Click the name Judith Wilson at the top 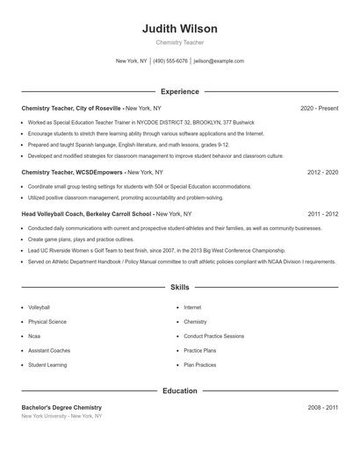[179, 29]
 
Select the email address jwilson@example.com [219, 61]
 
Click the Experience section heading [179, 91]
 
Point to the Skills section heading [179, 287]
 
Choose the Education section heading [179, 390]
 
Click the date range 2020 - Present [319, 108]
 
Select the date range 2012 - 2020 [322, 173]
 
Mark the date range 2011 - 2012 [322, 214]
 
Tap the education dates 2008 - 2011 [322, 408]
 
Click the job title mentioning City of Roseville [91, 108]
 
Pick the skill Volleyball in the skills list [40, 308]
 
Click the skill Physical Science [47, 322]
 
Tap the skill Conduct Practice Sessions [214, 336]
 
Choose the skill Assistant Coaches [49, 350]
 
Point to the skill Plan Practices [200, 364]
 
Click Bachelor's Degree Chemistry [61, 408]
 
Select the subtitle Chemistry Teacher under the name [179, 42]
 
